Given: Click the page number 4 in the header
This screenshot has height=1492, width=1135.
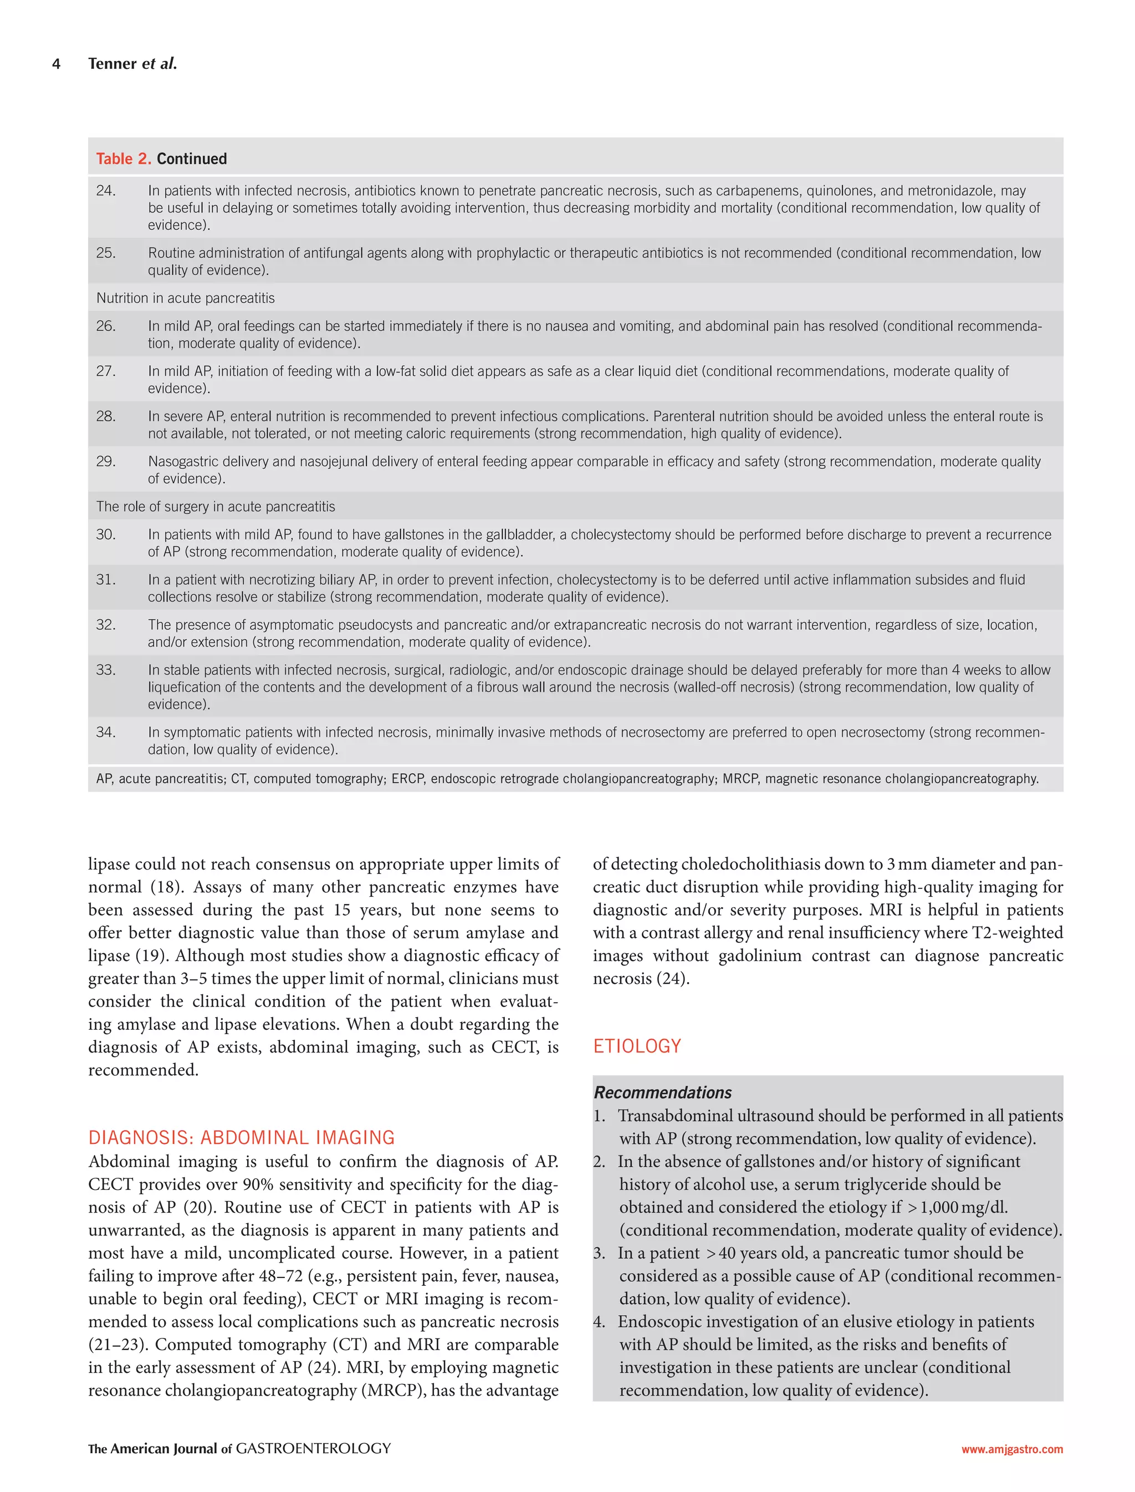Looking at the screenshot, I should click(56, 64).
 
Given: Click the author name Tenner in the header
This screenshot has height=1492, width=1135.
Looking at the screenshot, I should click(112, 64).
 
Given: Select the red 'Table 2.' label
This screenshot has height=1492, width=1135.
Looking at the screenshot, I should click(124, 159).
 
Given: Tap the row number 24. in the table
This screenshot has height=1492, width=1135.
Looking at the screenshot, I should click(105, 191).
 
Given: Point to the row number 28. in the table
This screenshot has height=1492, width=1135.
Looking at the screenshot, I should click(105, 417).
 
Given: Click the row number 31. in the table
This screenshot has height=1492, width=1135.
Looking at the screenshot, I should click(105, 580).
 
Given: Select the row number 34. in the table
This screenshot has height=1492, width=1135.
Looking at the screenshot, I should click(105, 733).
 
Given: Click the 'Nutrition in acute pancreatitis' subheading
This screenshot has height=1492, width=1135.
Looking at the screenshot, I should click(185, 298).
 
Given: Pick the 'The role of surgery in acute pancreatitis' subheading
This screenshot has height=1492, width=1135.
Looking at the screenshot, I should click(215, 507).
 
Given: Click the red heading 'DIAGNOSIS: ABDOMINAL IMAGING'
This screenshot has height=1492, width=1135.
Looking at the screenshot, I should click(241, 1138).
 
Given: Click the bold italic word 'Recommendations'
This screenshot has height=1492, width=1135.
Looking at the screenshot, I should click(662, 1092).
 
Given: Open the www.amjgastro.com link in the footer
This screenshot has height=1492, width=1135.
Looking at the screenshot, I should click(1011, 1449).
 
